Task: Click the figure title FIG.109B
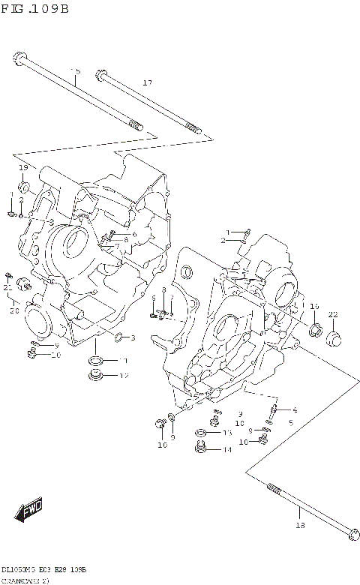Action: pos(35,8)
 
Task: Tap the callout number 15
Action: pos(75,71)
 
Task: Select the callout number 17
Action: pos(147,82)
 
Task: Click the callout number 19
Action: pos(23,167)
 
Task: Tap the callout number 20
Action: pos(13,310)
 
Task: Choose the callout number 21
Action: pos(7,287)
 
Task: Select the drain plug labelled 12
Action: pos(96,374)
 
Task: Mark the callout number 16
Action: pos(314,307)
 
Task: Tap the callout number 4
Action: pos(295,409)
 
